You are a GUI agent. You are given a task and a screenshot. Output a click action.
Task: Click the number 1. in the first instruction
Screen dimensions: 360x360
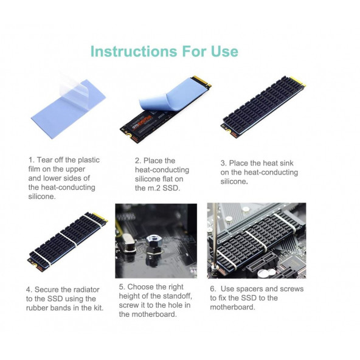click(x=32, y=160)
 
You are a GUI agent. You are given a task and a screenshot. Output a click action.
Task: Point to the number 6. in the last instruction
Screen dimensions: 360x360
click(x=213, y=288)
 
